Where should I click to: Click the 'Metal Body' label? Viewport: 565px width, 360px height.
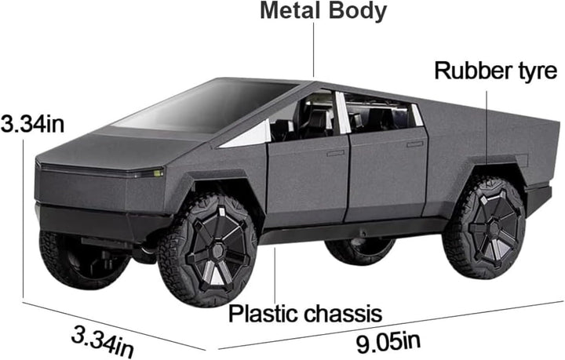click(x=312, y=11)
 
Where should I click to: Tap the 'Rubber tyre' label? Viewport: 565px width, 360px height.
click(x=497, y=72)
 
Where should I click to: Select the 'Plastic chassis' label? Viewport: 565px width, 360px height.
click(x=304, y=314)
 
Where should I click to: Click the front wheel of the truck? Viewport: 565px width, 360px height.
click(x=208, y=239)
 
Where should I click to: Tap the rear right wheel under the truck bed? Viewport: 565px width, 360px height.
click(x=483, y=227)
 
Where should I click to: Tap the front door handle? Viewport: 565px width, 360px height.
click(x=336, y=153)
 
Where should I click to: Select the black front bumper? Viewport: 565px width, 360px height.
click(x=94, y=215)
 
